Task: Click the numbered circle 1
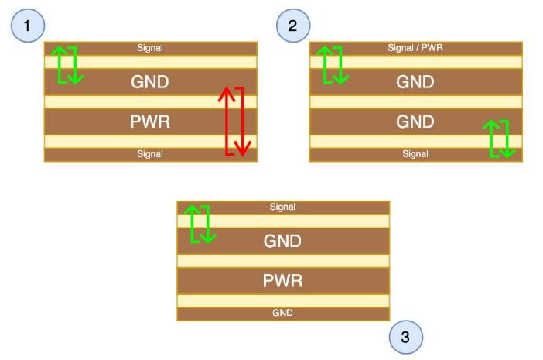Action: [28, 26]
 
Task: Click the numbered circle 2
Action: [293, 26]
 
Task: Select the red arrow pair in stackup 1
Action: [234, 121]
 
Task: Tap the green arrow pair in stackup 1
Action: [67, 65]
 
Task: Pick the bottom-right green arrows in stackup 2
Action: [499, 139]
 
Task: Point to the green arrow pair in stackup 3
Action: [200, 224]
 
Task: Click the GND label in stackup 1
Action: [150, 81]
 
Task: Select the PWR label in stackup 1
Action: [150, 122]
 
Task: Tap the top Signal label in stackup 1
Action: [150, 48]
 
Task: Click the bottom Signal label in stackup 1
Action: [150, 154]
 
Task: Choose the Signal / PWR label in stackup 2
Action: [415, 48]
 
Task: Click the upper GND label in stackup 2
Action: [415, 81]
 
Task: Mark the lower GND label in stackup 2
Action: [415, 122]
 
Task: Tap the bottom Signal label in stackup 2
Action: [415, 154]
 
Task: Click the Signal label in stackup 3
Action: [282, 207]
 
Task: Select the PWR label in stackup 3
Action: [282, 280]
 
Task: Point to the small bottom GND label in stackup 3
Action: [282, 314]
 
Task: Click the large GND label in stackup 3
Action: [282, 241]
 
